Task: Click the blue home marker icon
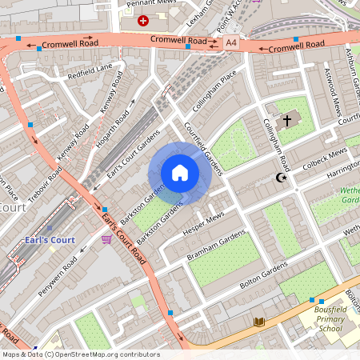coord(179,173)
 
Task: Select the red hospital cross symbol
coord(143,21)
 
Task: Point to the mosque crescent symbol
coord(280,178)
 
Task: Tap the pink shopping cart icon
coord(106,238)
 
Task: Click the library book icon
coord(258,322)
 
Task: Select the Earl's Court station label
coord(49,238)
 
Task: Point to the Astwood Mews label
coord(330,85)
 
